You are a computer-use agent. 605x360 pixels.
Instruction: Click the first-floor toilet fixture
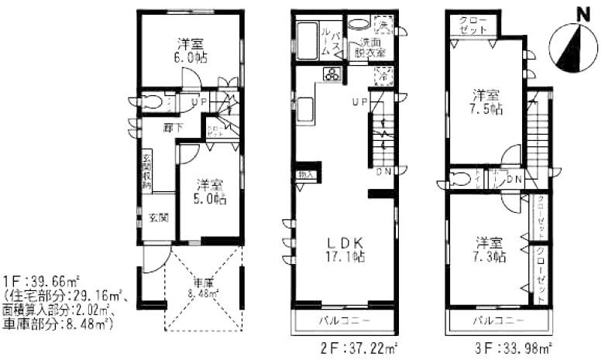152,102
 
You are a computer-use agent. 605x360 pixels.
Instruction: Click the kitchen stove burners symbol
333,75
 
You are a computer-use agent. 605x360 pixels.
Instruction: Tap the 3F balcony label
499,320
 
